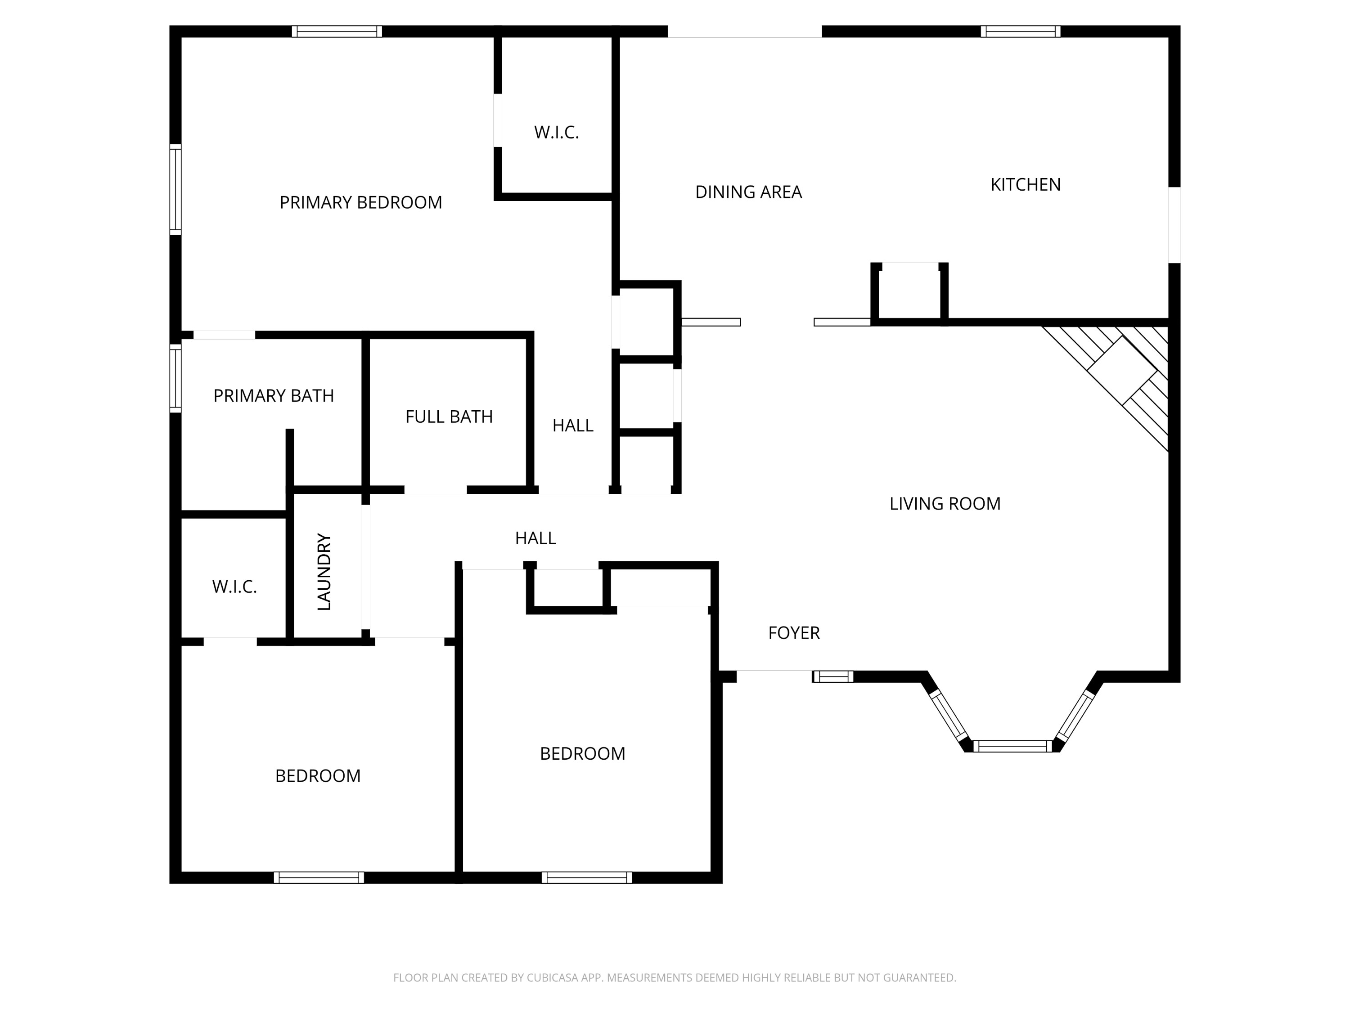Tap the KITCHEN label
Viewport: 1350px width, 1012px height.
pyautogui.click(x=1025, y=185)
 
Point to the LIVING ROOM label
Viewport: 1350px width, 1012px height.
pyautogui.click(x=944, y=504)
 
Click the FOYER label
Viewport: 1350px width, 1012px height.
pyautogui.click(x=793, y=633)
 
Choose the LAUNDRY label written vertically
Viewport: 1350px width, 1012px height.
pyautogui.click(x=324, y=572)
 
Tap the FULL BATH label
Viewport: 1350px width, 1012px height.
pyautogui.click(x=449, y=416)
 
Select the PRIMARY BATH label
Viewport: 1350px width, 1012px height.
pyautogui.click(x=274, y=396)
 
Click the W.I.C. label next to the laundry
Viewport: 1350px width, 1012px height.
pyautogui.click(x=234, y=587)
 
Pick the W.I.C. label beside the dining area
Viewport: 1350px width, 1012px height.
pyautogui.click(x=556, y=132)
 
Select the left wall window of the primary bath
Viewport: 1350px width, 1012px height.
pyautogui.click(x=175, y=378)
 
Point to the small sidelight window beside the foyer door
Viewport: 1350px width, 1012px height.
pyautogui.click(x=832, y=676)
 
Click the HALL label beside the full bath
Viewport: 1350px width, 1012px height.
pyautogui.click(x=572, y=426)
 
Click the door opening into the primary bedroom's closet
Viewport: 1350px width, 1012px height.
pyautogui.click(x=497, y=120)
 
